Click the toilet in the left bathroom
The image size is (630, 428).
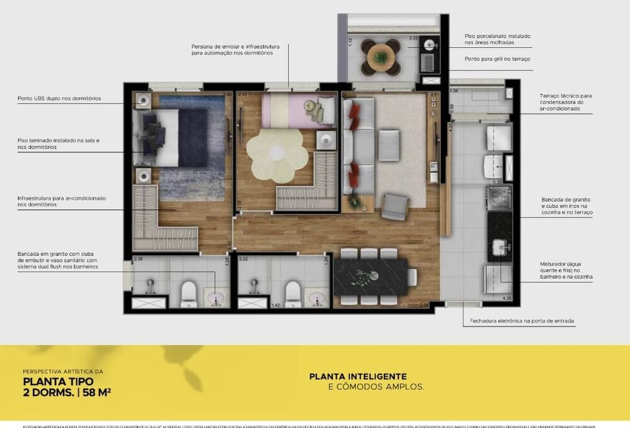click(188, 293)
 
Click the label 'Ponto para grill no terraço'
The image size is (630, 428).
click(498, 59)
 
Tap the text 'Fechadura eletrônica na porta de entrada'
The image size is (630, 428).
click(522, 321)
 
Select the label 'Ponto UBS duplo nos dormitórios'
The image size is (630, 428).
click(59, 98)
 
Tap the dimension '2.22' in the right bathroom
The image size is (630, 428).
click(243, 259)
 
